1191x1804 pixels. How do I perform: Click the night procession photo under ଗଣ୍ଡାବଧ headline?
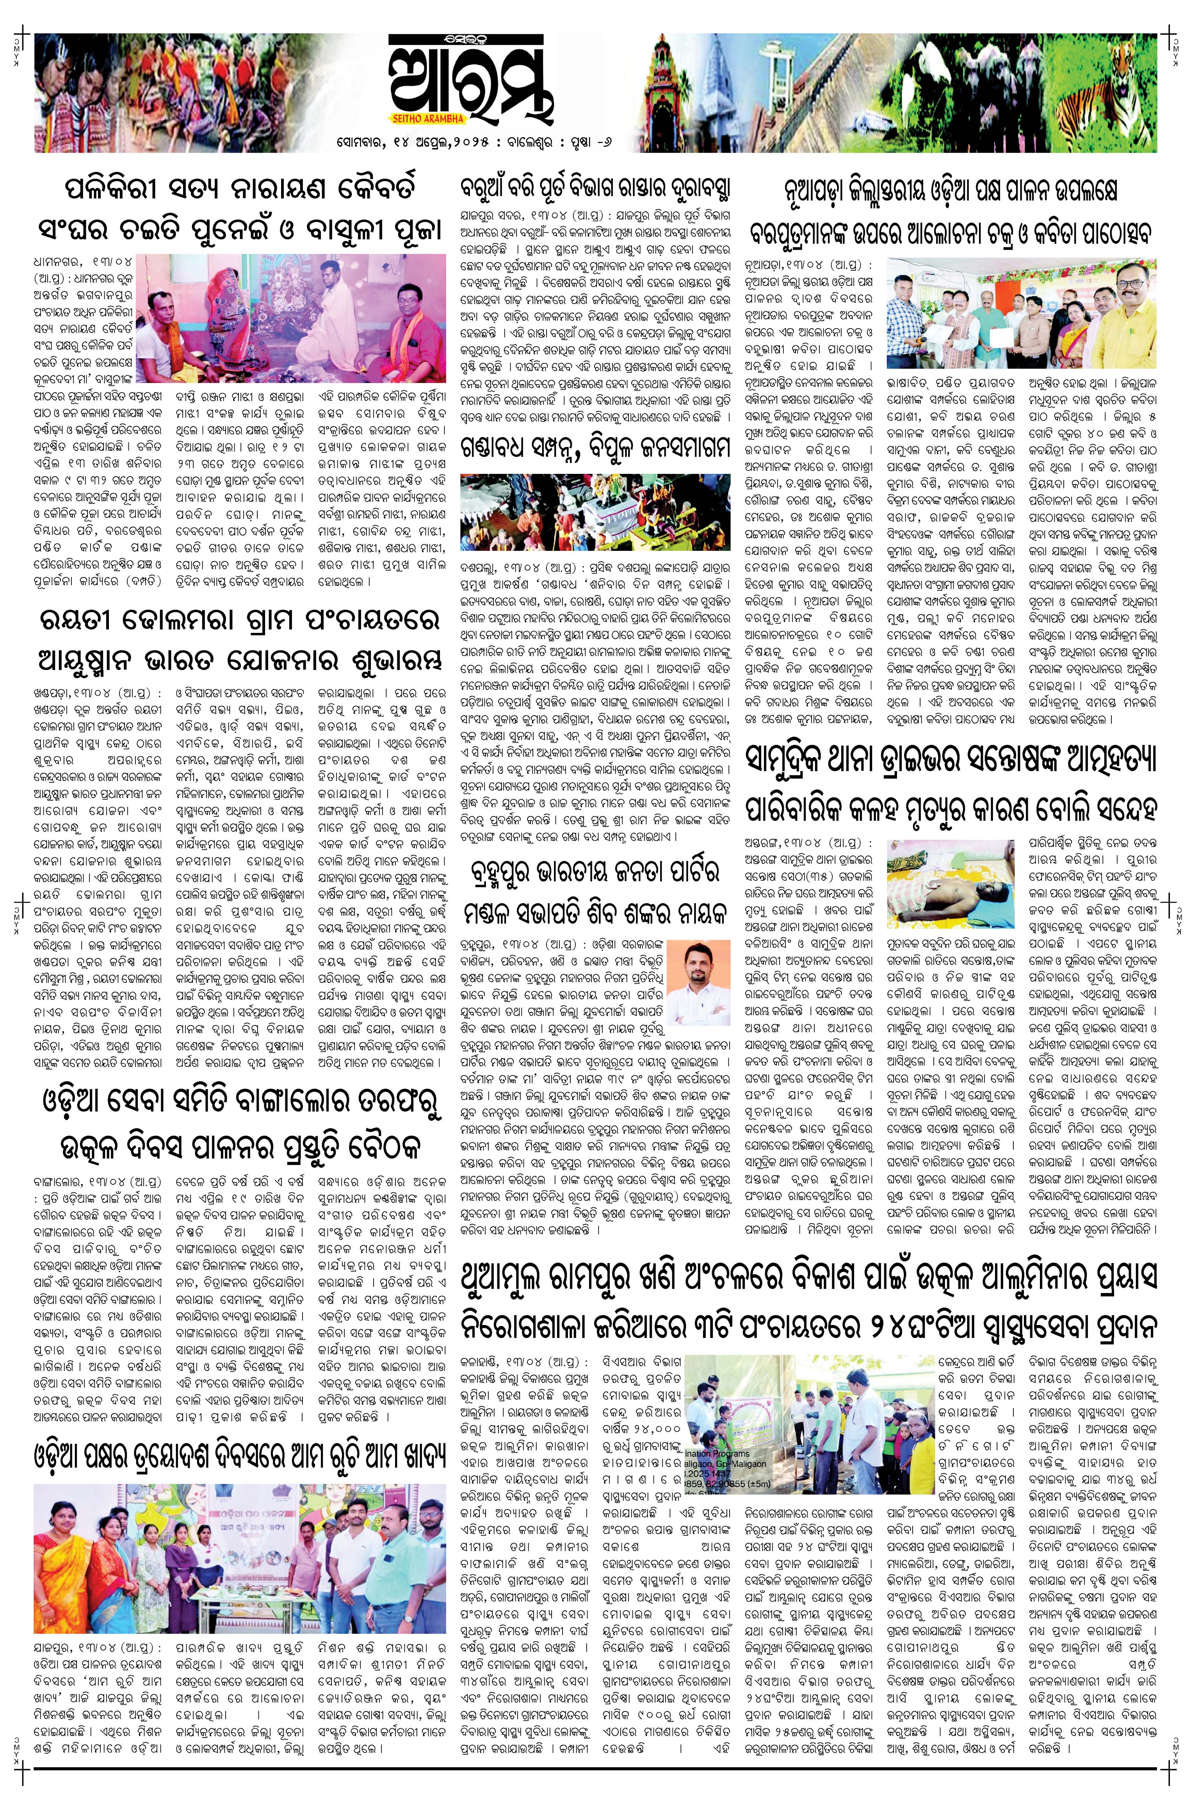click(595, 512)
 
